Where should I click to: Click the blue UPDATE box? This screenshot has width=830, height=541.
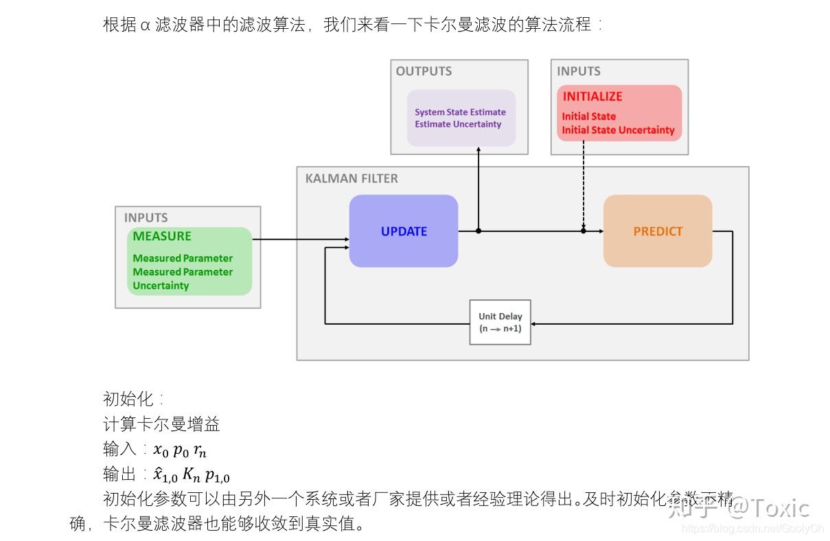point(404,231)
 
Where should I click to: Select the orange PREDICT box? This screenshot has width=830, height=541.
point(658,231)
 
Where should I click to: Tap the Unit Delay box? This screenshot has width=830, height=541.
point(500,322)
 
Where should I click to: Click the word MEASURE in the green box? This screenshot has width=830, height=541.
point(162,236)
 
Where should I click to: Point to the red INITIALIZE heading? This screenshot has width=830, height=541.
point(592,97)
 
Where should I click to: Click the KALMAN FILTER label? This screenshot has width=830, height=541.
point(351,179)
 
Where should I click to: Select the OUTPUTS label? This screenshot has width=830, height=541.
point(424,71)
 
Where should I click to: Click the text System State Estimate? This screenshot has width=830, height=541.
point(460,112)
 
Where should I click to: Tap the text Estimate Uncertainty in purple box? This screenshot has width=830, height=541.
point(458,124)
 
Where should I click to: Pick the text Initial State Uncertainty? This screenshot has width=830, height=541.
point(618,130)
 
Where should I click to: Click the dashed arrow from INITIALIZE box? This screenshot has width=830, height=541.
point(584,185)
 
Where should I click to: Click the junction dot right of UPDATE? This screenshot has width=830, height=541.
point(479,231)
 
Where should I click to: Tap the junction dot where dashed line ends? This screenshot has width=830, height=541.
point(584,231)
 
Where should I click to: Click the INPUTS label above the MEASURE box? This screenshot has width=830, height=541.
point(146,218)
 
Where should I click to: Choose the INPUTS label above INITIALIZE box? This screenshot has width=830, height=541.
point(578,71)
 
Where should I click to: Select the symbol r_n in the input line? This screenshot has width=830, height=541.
point(199,450)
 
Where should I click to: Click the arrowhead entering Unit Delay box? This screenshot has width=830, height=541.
point(535,323)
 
